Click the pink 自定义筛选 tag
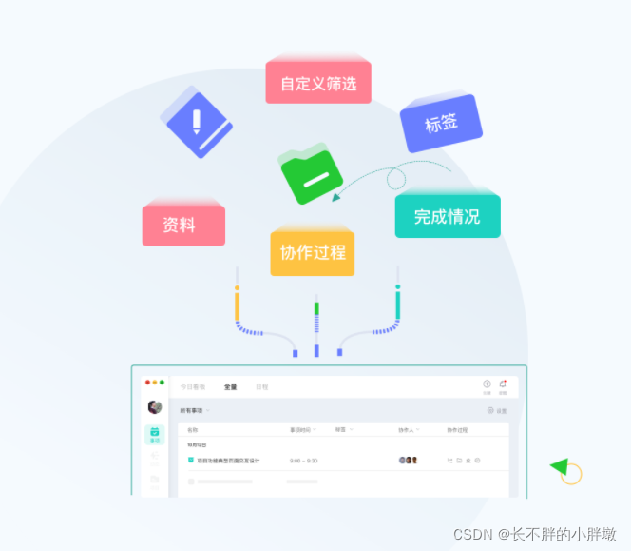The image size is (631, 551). tap(318, 83)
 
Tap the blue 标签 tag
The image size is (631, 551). tap(441, 123)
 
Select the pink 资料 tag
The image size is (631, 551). tap(183, 226)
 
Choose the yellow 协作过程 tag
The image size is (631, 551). tap(312, 252)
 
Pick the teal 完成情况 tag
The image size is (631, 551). tap(447, 216)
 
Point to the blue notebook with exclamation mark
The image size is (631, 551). tap(198, 122)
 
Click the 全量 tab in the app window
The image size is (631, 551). tap(231, 387)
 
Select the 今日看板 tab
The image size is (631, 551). tap(193, 387)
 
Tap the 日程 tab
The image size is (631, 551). tap(261, 387)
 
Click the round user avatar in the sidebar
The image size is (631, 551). tap(155, 407)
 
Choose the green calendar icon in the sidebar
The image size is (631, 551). tap(155, 434)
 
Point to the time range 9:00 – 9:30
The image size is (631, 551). tap(303, 461)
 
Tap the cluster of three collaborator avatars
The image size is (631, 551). tap(408, 461)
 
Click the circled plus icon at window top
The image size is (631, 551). tap(487, 384)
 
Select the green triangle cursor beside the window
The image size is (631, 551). tap(559, 466)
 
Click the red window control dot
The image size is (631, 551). tap(147, 383)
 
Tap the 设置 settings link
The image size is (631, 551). tap(497, 411)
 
